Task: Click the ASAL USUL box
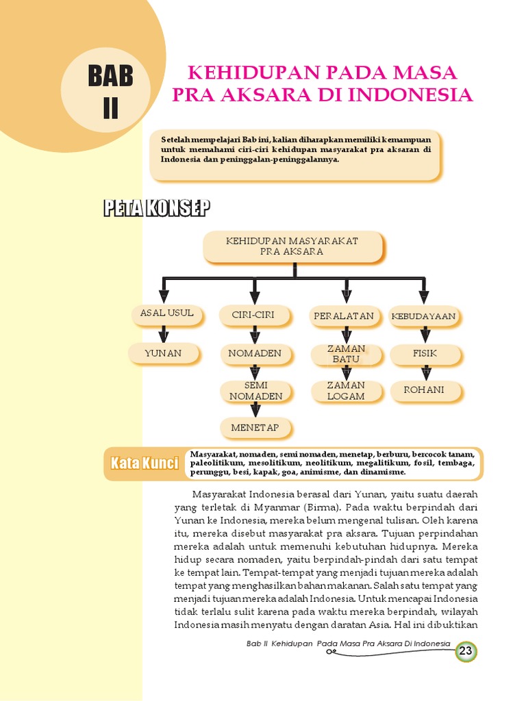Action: [x=166, y=314]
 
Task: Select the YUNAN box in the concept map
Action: [x=163, y=353]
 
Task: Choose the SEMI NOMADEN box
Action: [x=255, y=391]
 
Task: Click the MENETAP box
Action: [x=255, y=428]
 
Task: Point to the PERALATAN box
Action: [x=344, y=316]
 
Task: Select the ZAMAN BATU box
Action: [x=346, y=354]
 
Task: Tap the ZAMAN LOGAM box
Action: [x=346, y=391]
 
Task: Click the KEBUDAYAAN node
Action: [x=423, y=316]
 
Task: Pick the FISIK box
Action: [x=425, y=353]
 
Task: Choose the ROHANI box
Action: [x=424, y=390]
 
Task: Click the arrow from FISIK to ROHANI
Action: [x=425, y=372]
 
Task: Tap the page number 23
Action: [x=466, y=651]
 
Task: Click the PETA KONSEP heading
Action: [x=157, y=209]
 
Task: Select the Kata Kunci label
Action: [x=145, y=463]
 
